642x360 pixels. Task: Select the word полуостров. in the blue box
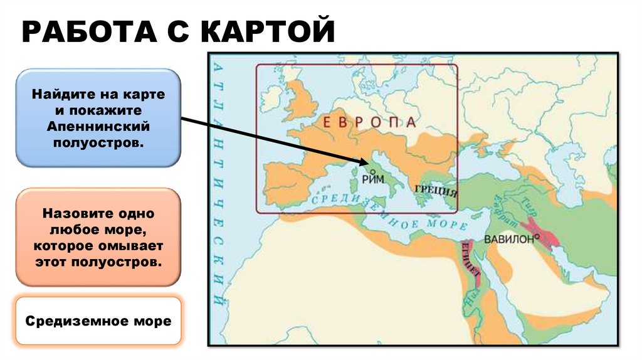click(x=98, y=143)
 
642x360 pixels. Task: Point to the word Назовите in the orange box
click(x=71, y=213)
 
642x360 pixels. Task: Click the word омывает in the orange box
click(x=132, y=245)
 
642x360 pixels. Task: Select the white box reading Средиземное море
click(x=98, y=321)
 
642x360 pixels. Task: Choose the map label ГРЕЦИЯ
click(x=435, y=190)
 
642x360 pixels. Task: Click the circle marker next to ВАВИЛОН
click(x=537, y=237)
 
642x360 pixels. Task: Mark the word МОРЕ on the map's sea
click(x=446, y=224)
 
